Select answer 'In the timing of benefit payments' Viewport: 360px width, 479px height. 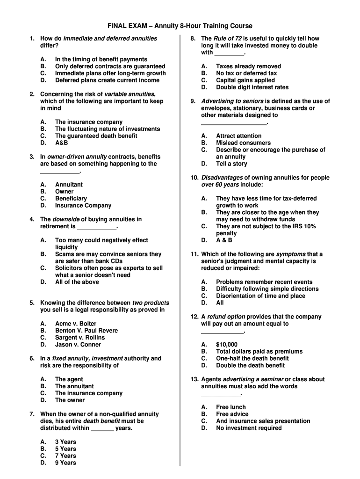pos(101,59)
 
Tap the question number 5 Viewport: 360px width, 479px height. pos(32,303)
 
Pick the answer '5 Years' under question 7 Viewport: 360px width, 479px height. pos(65,449)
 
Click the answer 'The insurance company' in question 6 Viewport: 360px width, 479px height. pos(89,393)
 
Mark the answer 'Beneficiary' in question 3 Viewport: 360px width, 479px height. pos(71,198)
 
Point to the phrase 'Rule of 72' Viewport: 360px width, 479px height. pos(228,38)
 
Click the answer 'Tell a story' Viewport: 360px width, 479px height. pos(231,164)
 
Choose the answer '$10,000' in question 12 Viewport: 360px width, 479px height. pos(227,344)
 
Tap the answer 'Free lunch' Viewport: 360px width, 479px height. pos(231,407)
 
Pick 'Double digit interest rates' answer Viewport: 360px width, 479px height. pos(252,87)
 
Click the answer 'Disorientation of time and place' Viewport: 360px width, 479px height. pos(260,296)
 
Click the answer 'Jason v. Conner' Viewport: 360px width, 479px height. pos(78,344)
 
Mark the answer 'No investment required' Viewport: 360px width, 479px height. pos(249,428)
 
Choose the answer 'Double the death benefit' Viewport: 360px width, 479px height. pos(250,365)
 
